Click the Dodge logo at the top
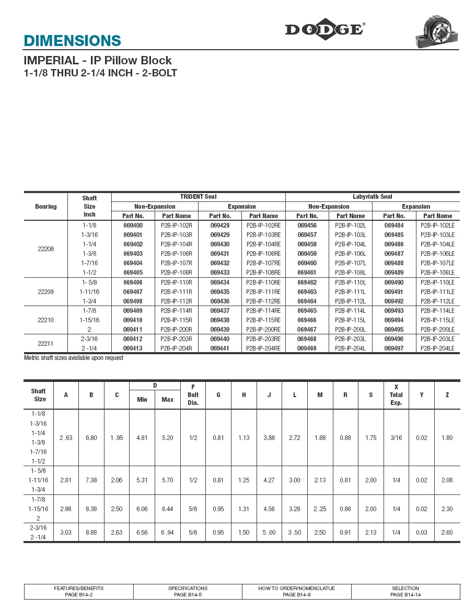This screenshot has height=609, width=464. (x=324, y=30)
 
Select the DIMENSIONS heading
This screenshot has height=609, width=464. (x=73, y=41)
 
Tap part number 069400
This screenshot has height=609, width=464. (x=133, y=225)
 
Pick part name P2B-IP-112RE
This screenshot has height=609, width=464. (x=263, y=301)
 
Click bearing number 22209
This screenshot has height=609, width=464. (x=46, y=292)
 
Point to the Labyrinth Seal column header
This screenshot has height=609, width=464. (x=373, y=197)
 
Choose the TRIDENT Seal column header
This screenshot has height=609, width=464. (x=199, y=197)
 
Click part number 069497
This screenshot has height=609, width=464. (x=394, y=348)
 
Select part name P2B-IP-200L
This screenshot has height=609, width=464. (x=351, y=330)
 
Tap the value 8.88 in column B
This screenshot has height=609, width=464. (x=91, y=533)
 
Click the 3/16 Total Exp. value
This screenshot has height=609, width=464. (x=396, y=438)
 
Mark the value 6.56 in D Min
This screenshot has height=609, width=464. (x=142, y=533)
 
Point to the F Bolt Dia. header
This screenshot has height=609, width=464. (x=193, y=395)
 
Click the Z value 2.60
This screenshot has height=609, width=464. (x=447, y=533)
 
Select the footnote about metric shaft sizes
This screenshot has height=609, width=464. (x=74, y=358)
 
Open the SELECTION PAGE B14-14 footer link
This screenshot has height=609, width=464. (x=405, y=591)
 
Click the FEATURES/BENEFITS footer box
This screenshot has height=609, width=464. (x=79, y=591)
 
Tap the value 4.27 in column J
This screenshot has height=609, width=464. (x=269, y=480)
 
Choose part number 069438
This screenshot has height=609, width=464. (x=220, y=320)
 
